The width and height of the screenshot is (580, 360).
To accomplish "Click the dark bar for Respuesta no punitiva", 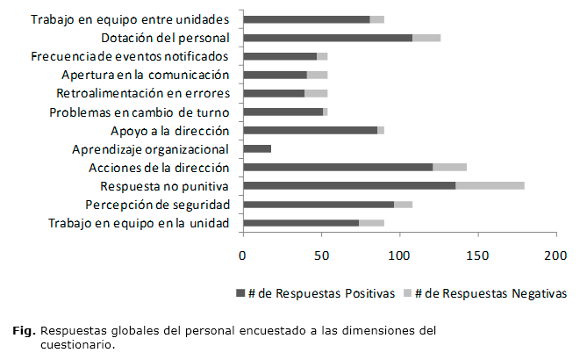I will tap(349, 185).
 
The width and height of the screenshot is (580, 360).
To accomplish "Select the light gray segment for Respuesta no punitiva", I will tap(490, 185).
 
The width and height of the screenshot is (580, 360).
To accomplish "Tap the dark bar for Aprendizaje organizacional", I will tap(257, 148).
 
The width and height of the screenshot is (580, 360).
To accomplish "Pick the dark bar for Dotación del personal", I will tap(327, 38).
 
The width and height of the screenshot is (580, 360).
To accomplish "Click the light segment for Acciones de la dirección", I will tap(449, 167).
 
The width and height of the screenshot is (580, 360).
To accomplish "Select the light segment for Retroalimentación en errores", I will tap(316, 93).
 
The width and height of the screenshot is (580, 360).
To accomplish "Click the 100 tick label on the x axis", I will tap(399, 256).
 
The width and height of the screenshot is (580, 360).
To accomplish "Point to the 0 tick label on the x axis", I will tap(243, 256).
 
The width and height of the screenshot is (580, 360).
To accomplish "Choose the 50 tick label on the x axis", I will tap(321, 256).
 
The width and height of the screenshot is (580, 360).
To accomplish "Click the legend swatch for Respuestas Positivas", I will tap(240, 292).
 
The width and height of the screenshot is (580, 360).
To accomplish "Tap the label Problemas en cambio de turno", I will tap(140, 112).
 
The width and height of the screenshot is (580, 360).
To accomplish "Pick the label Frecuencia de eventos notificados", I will tap(130, 57).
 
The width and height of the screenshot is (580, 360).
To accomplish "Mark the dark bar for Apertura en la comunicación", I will tap(275, 75).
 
